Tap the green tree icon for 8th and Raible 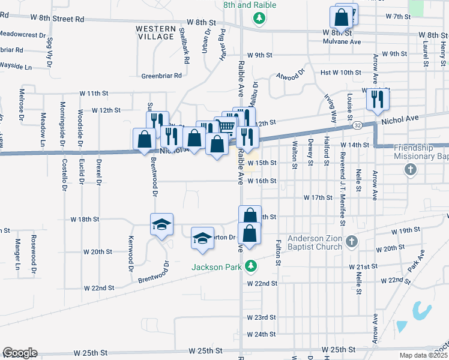click(259, 19)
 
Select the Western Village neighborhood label click(155, 32)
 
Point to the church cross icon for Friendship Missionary click(411, 170)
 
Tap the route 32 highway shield click(357, 125)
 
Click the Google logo click(20, 353)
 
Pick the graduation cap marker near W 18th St click(161, 224)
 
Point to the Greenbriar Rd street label click(161, 76)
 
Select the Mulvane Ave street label click(342, 42)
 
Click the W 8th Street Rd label click(62, 19)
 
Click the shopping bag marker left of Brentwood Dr click(145, 139)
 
